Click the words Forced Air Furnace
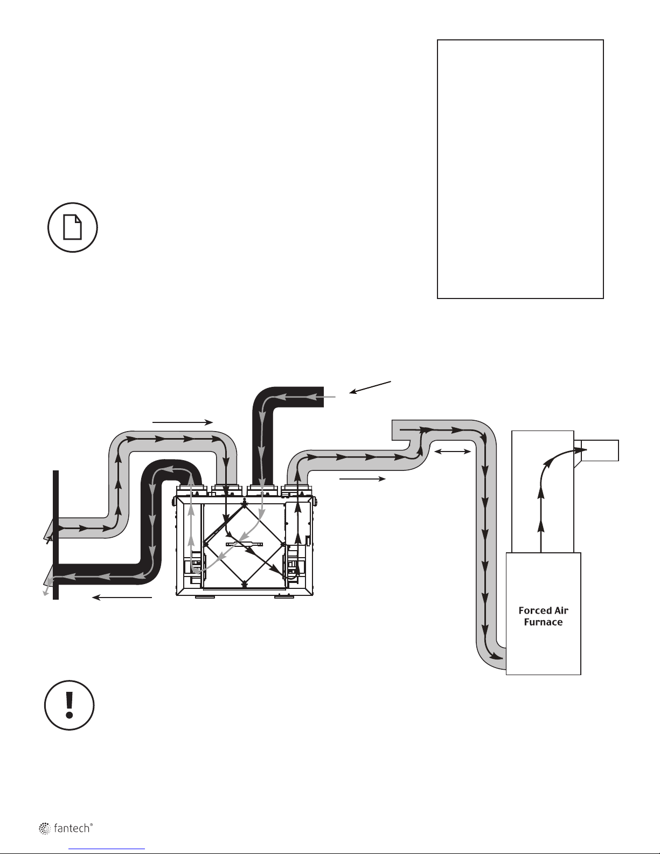[x=543, y=616]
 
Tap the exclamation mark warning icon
[x=70, y=705]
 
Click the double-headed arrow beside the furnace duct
[x=453, y=452]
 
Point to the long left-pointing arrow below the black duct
[x=123, y=596]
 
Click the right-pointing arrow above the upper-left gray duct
[x=183, y=423]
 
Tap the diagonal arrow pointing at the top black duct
[x=371, y=387]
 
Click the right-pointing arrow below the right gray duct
[x=362, y=478]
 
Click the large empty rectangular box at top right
[x=520, y=169]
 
